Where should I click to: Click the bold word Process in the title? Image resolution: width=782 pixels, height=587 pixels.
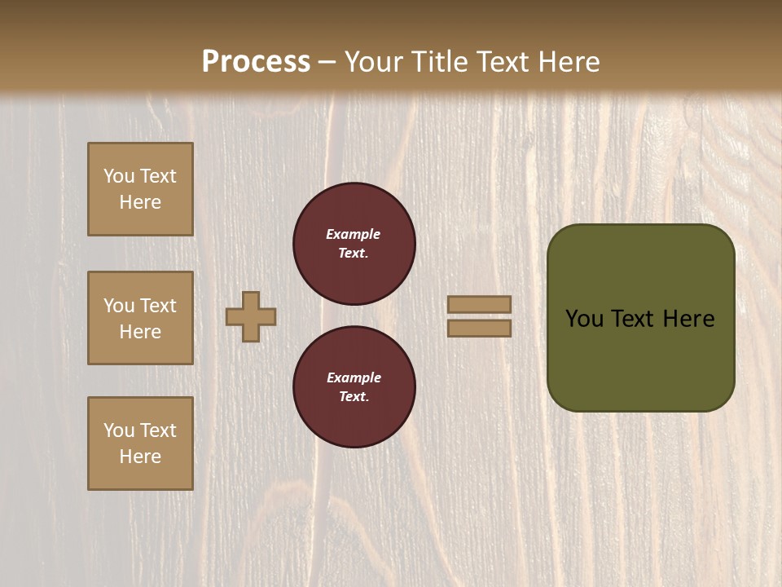point(256,62)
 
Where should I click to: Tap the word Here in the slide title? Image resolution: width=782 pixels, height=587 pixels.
point(567,62)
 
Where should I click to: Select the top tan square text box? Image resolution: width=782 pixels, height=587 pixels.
point(140,189)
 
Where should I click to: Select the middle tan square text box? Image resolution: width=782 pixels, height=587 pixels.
point(140,318)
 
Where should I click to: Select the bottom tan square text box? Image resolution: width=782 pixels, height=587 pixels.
point(140,444)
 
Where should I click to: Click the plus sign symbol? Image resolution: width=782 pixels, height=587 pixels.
point(251,316)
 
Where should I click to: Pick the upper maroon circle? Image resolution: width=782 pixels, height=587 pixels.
point(354,244)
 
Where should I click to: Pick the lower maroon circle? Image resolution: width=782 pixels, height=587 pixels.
point(354,387)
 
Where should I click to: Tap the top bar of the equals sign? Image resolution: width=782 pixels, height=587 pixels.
point(479,304)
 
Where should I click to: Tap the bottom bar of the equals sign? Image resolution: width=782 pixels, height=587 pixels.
point(479,328)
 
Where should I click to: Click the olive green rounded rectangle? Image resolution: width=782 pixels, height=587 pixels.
point(640,318)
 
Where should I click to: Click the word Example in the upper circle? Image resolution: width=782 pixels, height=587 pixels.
point(354,234)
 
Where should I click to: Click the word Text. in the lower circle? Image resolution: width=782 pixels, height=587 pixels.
point(354,397)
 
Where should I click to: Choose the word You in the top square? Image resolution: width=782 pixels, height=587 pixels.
point(118,176)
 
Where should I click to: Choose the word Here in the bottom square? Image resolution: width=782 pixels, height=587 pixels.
point(140,457)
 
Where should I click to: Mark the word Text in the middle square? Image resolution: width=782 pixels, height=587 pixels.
point(157,306)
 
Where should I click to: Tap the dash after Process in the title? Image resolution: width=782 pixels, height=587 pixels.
point(327,63)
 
